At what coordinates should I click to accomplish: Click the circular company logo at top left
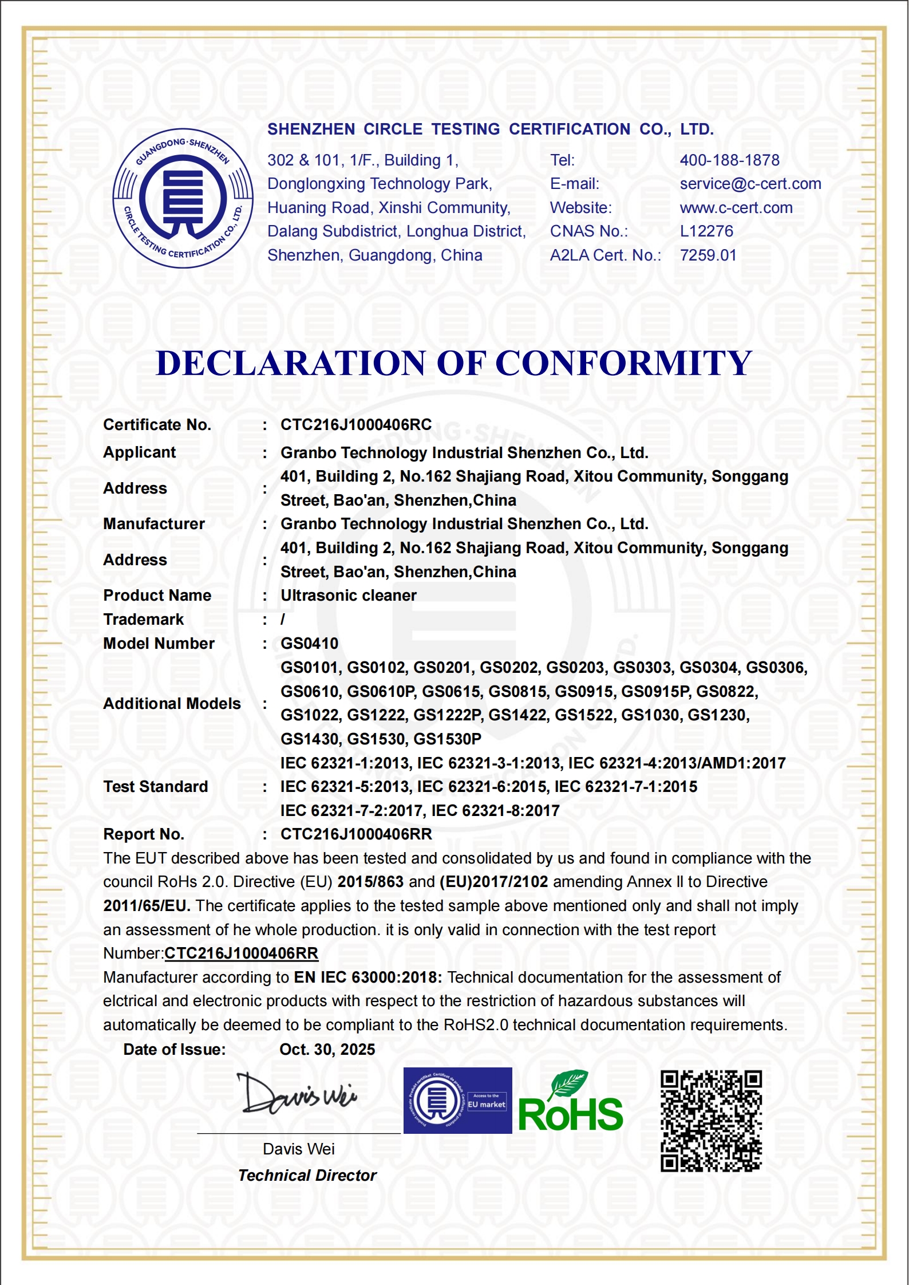[183, 198]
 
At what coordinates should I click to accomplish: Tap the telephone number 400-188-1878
[729, 160]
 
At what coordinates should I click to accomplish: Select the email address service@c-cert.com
[750, 184]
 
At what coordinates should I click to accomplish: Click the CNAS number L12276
[706, 231]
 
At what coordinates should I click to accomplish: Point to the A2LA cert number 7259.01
[708, 255]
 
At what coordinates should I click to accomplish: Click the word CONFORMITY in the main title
[623, 363]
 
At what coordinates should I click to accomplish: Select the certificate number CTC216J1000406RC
[355, 425]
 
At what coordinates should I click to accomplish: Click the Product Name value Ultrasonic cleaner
[348, 596]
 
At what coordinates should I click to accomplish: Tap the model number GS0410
[309, 644]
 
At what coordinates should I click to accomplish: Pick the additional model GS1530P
[447, 739]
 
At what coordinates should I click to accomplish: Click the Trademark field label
[143, 620]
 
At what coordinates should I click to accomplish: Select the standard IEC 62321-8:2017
[495, 811]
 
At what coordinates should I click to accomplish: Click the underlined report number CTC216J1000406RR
[241, 953]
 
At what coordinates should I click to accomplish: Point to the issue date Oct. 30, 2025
[327, 1050]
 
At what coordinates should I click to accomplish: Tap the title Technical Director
[307, 1176]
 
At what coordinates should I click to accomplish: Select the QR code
[711, 1121]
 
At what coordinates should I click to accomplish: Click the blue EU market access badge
[457, 1101]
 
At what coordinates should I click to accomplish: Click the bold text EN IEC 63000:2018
[367, 977]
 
